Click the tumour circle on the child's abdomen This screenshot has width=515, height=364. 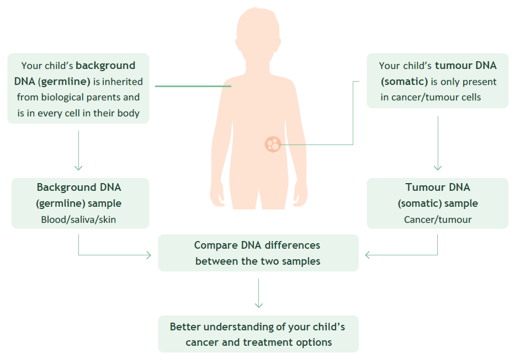click(x=273, y=144)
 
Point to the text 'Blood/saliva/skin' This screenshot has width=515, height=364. click(x=78, y=220)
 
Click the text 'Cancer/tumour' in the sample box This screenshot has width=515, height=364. click(x=438, y=220)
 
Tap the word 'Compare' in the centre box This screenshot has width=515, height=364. click(x=216, y=245)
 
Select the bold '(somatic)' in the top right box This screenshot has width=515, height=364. click(x=404, y=82)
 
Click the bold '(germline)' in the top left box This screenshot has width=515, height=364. click(x=64, y=82)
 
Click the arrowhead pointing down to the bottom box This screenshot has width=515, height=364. click(x=259, y=305)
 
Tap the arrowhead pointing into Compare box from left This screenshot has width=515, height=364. click(x=148, y=255)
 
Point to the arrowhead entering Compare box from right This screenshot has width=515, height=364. click(x=368, y=255)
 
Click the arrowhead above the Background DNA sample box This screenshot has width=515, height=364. click(x=78, y=168)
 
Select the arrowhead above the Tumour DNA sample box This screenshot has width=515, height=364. click(x=438, y=168)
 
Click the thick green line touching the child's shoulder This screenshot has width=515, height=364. click(x=193, y=87)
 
